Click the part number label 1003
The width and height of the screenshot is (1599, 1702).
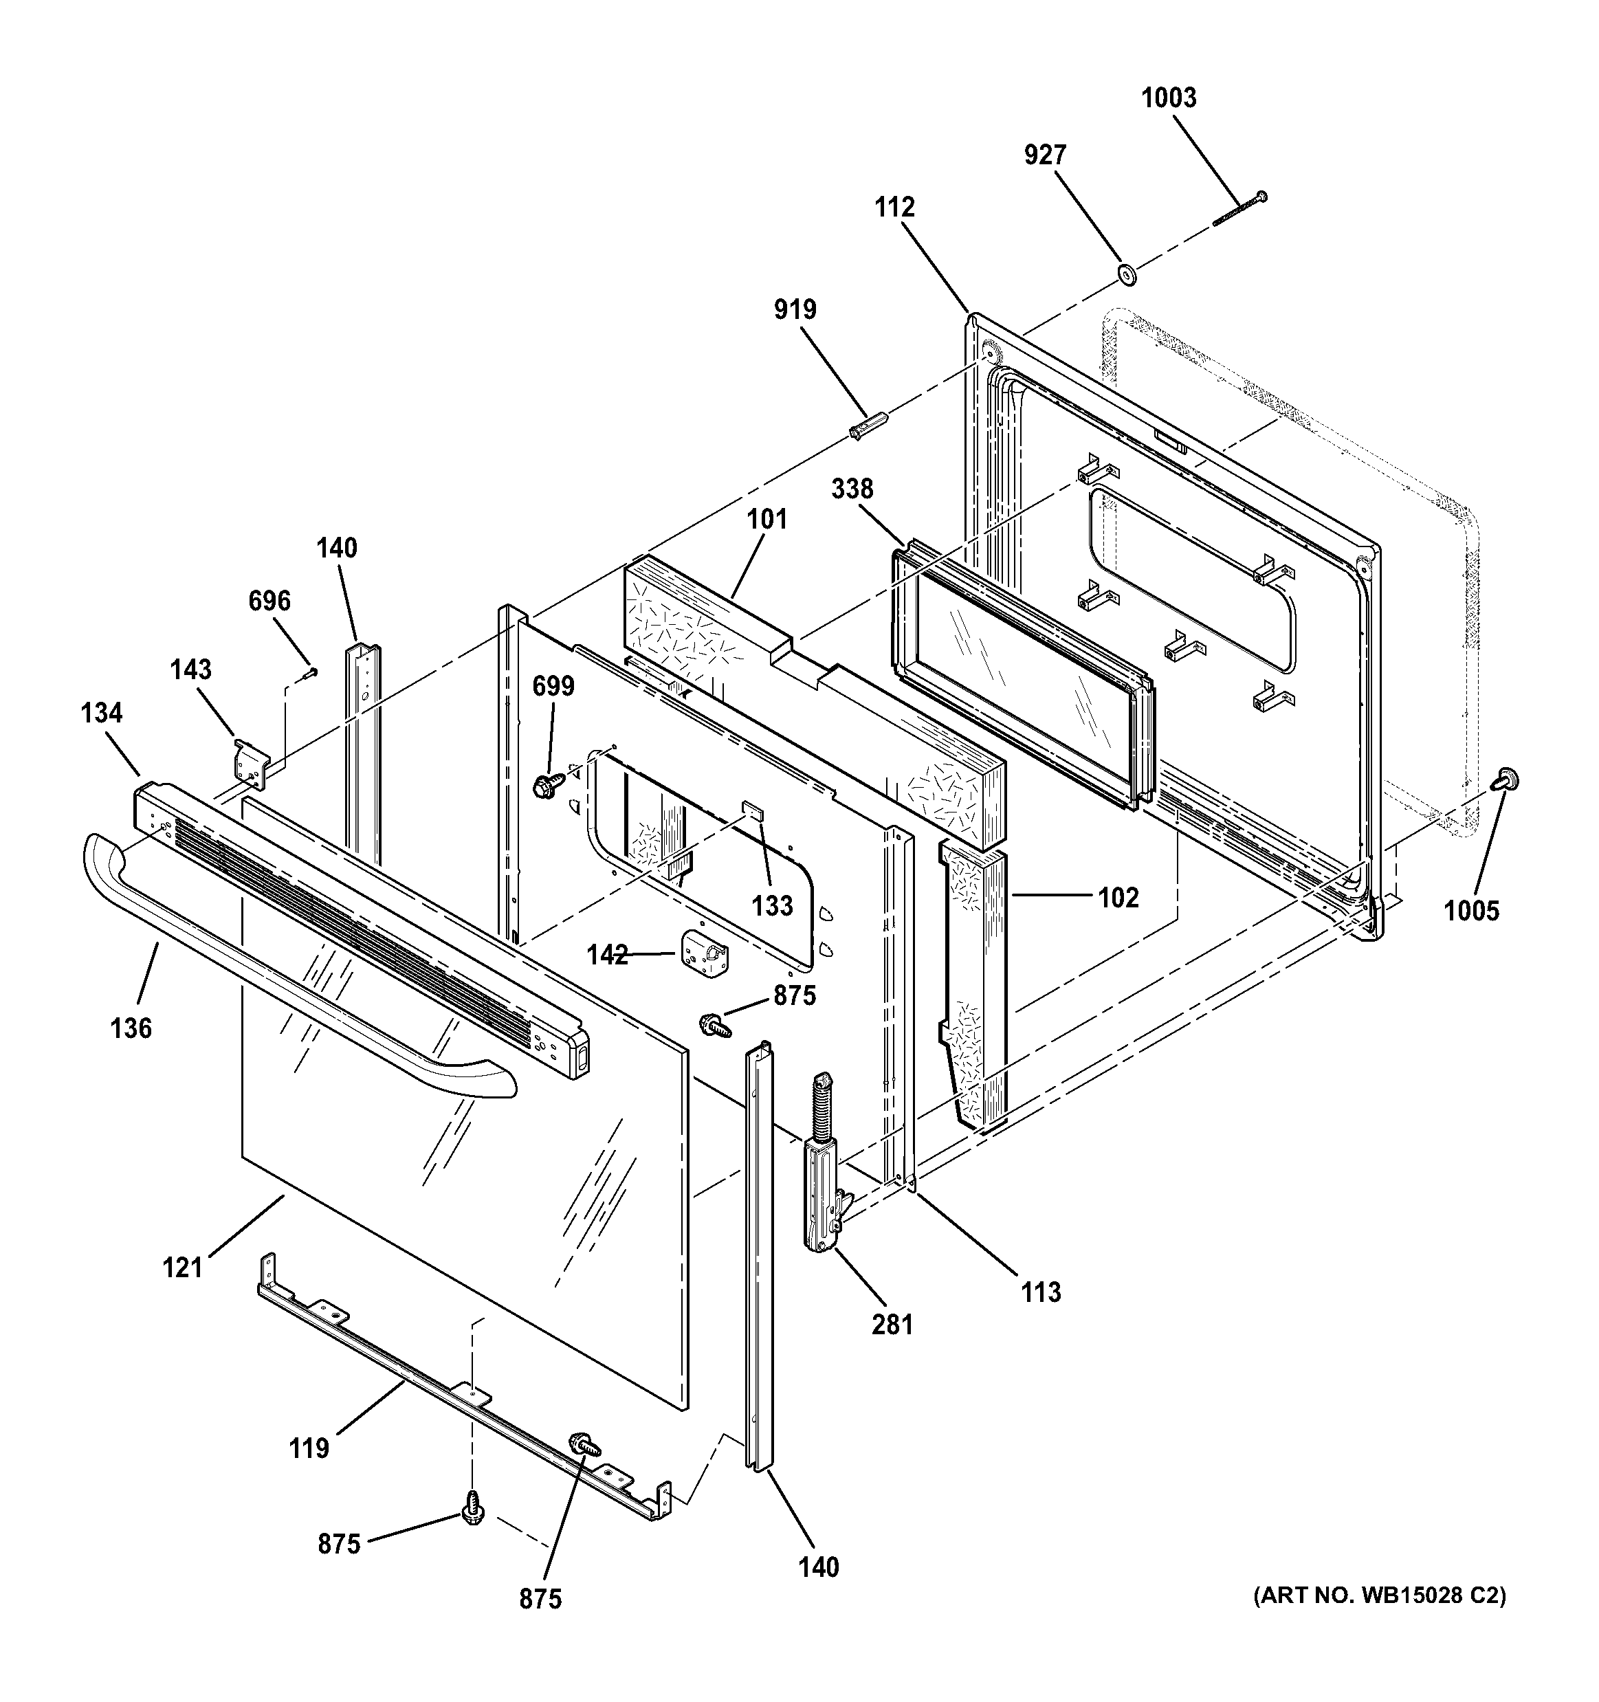[1169, 98]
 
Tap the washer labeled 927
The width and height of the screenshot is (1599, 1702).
[1127, 276]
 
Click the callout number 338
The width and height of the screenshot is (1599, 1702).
[852, 489]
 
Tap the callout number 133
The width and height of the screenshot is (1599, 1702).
[772, 905]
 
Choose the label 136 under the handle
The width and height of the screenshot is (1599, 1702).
[131, 1028]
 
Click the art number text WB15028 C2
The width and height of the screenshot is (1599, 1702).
[1380, 1596]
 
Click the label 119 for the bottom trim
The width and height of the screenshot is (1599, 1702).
[308, 1448]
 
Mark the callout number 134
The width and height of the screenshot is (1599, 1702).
[102, 712]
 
